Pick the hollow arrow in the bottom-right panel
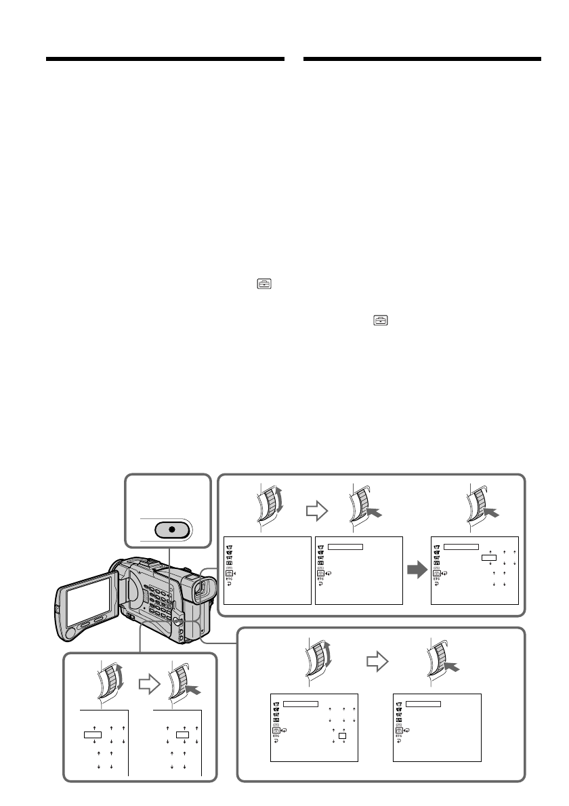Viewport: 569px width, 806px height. pos(374,660)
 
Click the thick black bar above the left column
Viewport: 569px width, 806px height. pos(165,60)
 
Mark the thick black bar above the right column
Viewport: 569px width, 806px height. pos(423,60)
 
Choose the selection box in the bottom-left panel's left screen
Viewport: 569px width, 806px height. pos(93,734)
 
